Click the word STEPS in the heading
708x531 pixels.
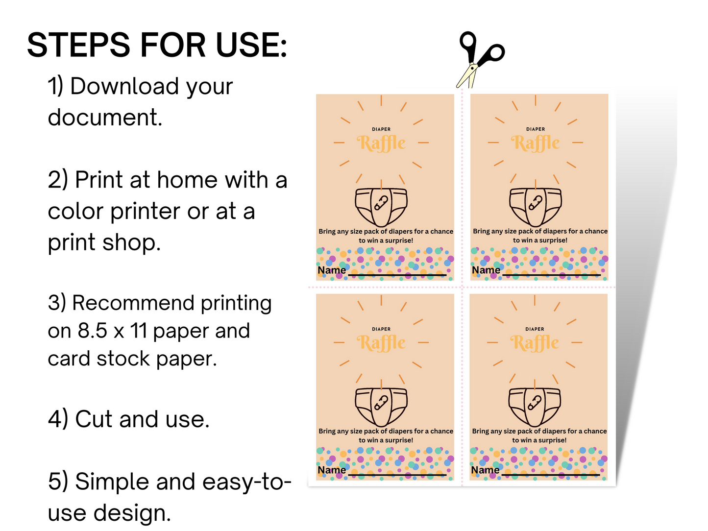[78, 45]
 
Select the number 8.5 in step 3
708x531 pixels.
[92, 331]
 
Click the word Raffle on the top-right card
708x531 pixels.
[536, 143]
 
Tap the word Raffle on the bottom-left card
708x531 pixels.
[381, 343]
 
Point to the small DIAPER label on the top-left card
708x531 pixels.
[381, 129]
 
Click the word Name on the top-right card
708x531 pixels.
[486, 270]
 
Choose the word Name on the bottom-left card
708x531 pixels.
[332, 470]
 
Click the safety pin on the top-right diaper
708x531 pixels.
[536, 203]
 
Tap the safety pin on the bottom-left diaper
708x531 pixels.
[381, 403]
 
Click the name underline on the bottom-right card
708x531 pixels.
[550, 475]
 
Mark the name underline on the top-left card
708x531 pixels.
[397, 275]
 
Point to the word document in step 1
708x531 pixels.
[105, 118]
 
